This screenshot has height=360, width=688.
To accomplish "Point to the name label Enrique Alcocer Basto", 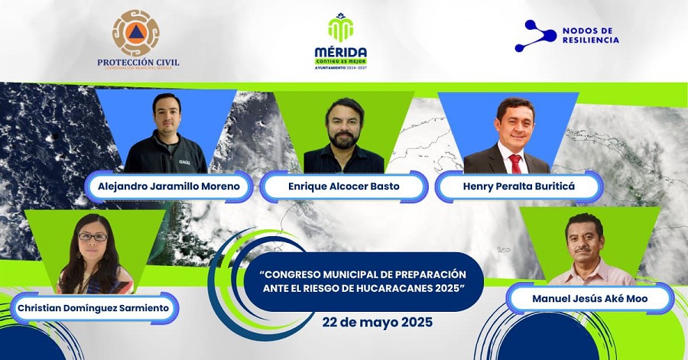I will [x=342, y=186].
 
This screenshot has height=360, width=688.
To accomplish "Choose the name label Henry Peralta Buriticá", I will [x=518, y=186].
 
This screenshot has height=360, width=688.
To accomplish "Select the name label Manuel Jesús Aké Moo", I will [x=589, y=298].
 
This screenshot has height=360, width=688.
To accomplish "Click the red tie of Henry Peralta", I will [x=515, y=163].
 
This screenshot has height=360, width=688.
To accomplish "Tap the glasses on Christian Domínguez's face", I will [x=92, y=237].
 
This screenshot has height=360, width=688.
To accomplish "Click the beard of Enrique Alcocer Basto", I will [x=342, y=140].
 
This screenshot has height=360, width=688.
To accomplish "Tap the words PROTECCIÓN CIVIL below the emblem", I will [x=138, y=63].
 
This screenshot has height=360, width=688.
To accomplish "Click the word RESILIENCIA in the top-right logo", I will [x=590, y=40].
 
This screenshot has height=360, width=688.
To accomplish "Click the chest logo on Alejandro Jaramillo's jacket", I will [x=184, y=161].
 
